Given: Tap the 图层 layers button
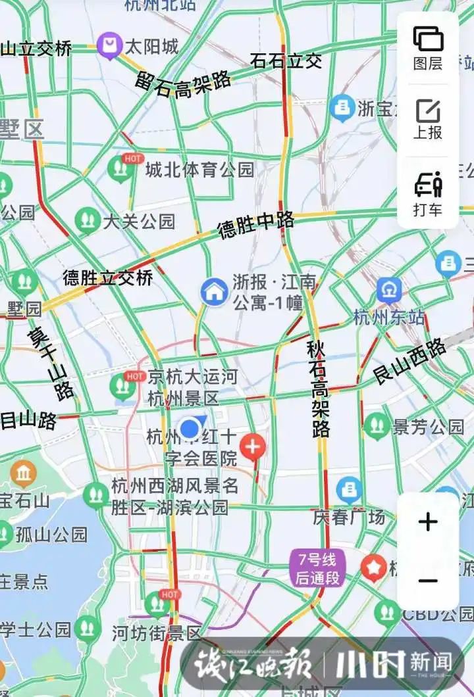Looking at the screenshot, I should [428, 47].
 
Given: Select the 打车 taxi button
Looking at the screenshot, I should [428, 194].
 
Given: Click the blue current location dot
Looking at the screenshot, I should [190, 429].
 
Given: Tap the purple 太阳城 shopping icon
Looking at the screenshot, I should [109, 47].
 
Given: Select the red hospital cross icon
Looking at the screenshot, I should [253, 447].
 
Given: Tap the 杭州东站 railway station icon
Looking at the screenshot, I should [389, 291].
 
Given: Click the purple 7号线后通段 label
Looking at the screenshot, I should [317, 569].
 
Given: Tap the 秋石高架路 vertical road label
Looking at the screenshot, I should [318, 388].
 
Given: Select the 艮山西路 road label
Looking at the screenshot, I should [409, 362].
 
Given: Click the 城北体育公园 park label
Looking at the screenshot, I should [199, 170].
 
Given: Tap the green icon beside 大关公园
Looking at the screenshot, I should [86, 221].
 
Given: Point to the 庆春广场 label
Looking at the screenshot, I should [349, 517].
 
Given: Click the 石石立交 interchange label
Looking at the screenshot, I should [286, 61].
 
